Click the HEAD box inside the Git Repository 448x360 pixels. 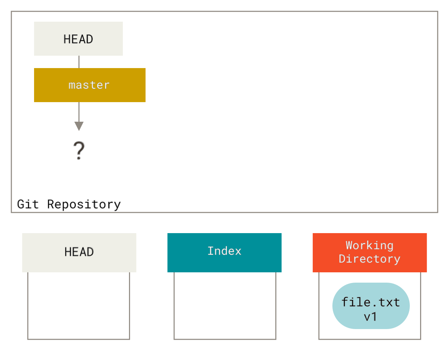tap(78, 39)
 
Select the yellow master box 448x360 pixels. tap(89, 85)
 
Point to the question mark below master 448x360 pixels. tap(79, 150)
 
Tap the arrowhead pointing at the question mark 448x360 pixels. tap(79, 126)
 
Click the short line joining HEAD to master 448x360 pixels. tap(79, 62)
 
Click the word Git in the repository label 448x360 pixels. tap(28, 204)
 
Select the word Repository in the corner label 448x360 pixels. tap(84, 205)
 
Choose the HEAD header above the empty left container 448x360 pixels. tap(79, 252)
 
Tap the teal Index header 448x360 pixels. tap(224, 252)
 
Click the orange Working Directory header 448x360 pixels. tap(370, 252)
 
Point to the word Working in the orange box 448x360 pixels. tap(370, 246)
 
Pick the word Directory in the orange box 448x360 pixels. tap(370, 259)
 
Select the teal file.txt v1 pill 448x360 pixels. tap(371, 306)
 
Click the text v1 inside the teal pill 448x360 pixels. tap(370, 316)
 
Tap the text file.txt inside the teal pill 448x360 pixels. tap(371, 302)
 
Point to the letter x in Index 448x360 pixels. tap(237, 251)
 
